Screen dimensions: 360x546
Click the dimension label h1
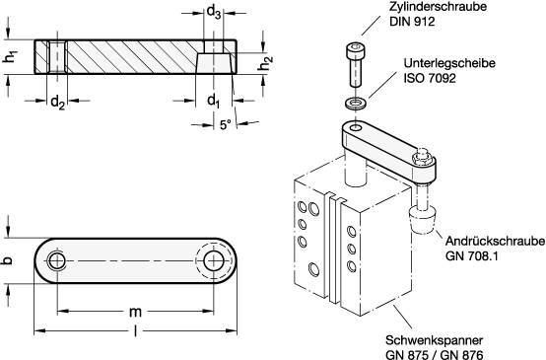coord(10,57)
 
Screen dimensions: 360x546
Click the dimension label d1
coord(213,101)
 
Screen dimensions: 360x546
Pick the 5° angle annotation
coord(225,124)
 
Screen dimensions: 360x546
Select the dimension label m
coord(134,311)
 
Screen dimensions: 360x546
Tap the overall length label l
coord(134,332)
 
